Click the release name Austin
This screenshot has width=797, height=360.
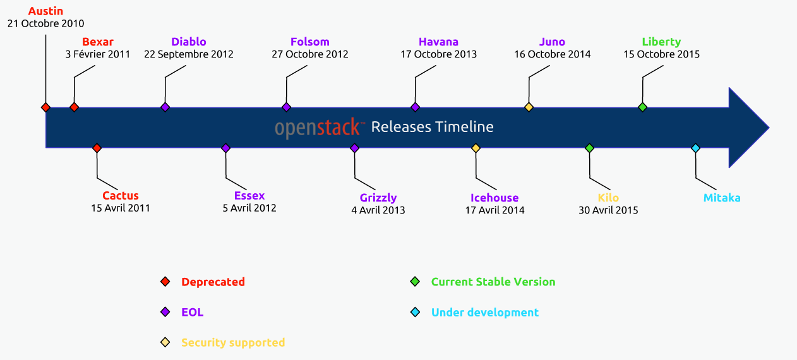tap(45, 11)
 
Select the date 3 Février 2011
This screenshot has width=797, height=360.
tap(98, 54)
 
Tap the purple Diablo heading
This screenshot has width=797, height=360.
tap(188, 42)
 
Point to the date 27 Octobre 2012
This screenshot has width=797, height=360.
tap(310, 54)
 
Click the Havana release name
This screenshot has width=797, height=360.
tap(438, 42)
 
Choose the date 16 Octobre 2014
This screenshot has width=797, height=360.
tap(552, 54)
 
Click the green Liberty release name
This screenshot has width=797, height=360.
tap(661, 42)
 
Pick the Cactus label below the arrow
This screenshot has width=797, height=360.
tap(121, 196)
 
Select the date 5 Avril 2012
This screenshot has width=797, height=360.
tap(249, 208)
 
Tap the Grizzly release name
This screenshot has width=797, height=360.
tap(378, 198)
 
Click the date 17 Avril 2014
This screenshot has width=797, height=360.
tap(494, 210)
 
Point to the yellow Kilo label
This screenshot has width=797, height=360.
tap(608, 198)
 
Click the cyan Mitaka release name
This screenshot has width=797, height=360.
tap(722, 198)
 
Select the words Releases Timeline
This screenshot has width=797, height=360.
tap(432, 127)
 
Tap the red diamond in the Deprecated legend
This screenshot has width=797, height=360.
tap(165, 282)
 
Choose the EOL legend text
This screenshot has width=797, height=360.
tap(193, 313)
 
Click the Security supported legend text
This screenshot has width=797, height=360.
tap(233, 343)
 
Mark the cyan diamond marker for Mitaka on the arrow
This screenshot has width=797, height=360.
tap(695, 148)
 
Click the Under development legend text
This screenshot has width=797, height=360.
tap(485, 313)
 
